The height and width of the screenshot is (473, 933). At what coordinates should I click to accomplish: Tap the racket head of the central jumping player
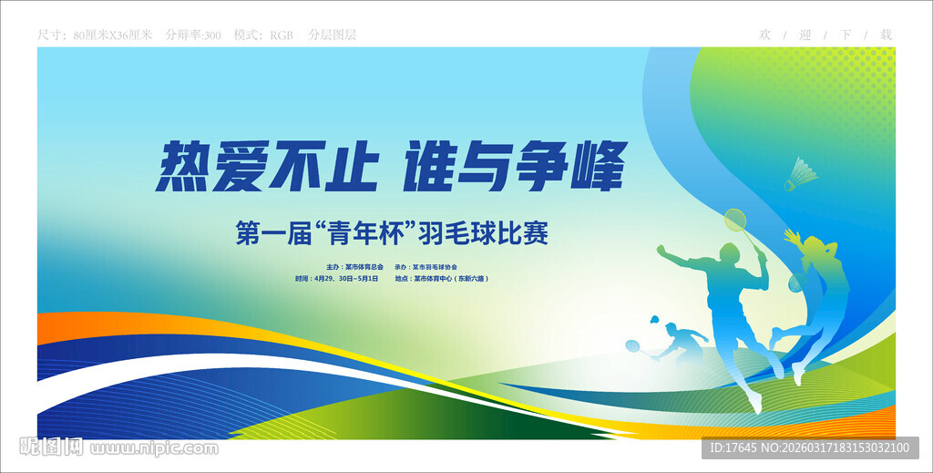735,221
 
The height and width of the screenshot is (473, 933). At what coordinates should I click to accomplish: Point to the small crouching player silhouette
679,341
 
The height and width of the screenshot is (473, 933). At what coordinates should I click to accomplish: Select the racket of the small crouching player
633,346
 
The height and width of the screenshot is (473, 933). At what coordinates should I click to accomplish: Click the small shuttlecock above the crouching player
654,320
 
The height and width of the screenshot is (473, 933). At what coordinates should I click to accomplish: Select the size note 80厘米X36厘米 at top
112,35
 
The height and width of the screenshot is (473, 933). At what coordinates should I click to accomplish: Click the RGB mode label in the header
281,35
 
